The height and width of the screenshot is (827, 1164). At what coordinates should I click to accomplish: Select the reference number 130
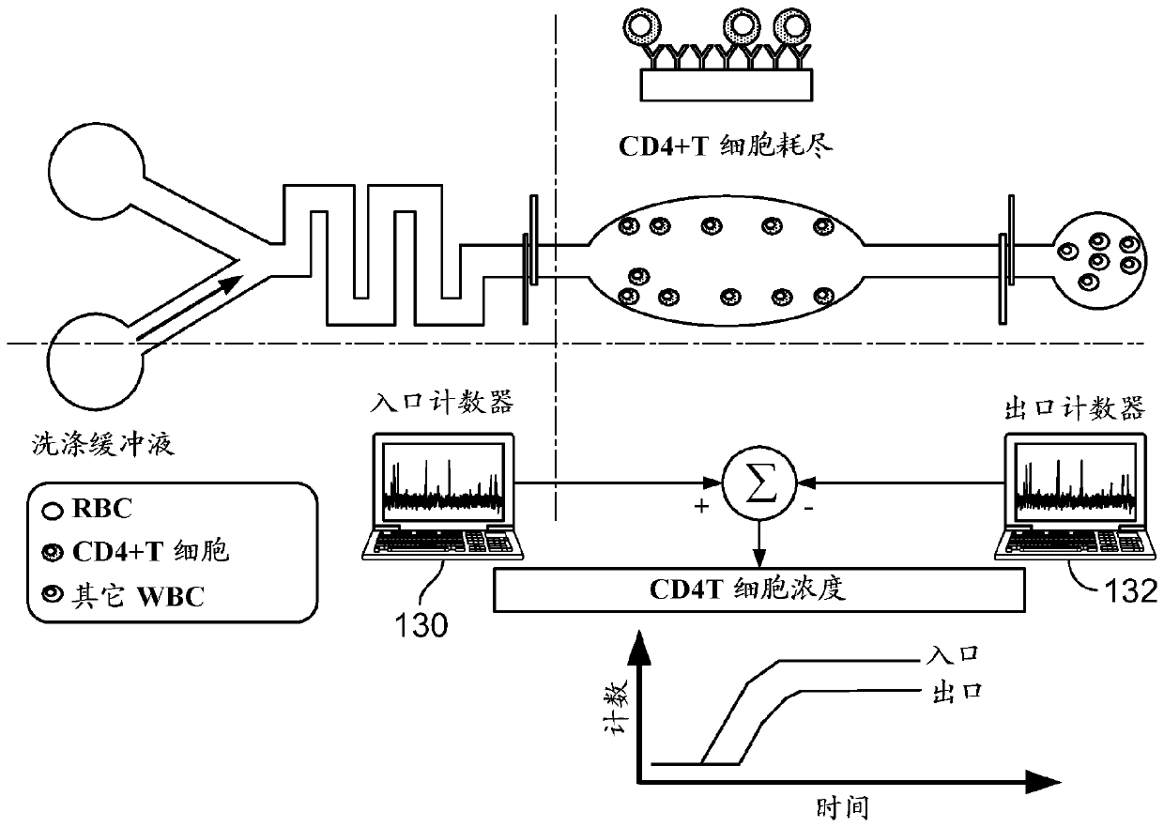tap(421, 625)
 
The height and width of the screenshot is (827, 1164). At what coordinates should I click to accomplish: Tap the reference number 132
tap(1131, 591)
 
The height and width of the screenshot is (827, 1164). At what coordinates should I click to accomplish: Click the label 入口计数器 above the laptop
tap(442, 403)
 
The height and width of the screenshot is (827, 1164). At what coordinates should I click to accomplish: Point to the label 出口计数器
tap(1074, 408)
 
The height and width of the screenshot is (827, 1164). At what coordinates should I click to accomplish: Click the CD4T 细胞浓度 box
tap(759, 590)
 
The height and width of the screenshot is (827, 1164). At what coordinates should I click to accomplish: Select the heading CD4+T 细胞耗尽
tap(726, 145)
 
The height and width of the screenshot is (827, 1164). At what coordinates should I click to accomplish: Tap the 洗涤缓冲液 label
tap(103, 444)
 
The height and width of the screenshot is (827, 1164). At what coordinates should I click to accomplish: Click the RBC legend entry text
tap(102, 509)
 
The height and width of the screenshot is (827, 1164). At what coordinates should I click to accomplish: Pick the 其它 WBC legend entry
tap(138, 596)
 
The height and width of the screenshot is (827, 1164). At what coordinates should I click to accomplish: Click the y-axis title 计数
tap(617, 708)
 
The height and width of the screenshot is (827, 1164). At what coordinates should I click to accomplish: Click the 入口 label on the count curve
tap(953, 654)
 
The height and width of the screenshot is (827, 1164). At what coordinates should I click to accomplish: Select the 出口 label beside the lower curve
tap(957, 693)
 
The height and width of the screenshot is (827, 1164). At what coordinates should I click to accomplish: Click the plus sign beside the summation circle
tap(701, 506)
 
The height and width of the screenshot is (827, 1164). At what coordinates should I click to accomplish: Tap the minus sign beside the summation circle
tap(808, 508)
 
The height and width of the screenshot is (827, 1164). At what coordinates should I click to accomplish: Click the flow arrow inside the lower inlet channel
tap(190, 308)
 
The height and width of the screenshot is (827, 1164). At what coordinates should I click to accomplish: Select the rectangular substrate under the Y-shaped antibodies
tap(727, 84)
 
